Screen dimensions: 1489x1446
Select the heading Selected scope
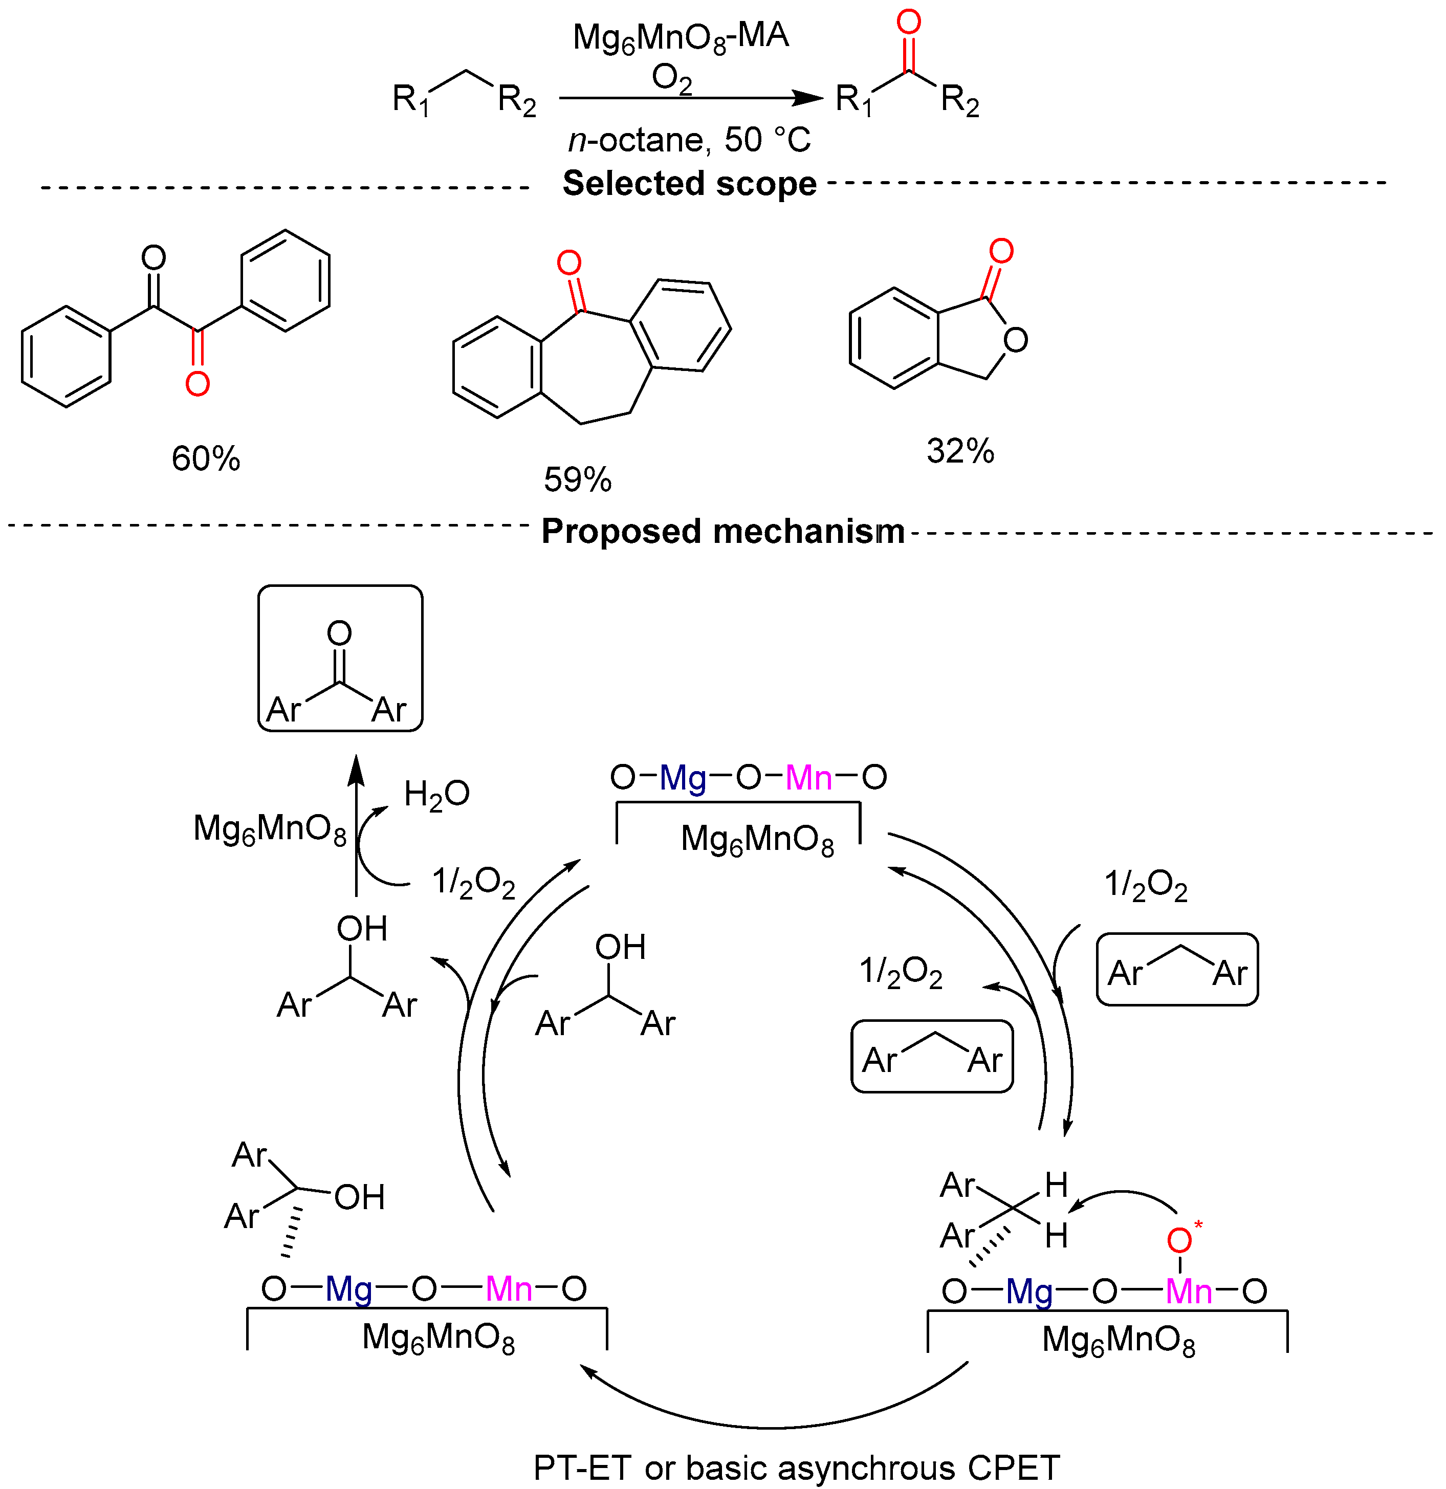[689, 184]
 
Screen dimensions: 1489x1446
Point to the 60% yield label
[205, 459]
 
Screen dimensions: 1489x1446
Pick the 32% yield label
[960, 451]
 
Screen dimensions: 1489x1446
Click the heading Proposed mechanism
[722, 531]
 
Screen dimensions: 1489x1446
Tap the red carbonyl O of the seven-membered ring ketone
[569, 264]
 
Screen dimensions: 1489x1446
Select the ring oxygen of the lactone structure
[1015, 340]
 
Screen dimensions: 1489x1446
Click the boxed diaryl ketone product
[340, 659]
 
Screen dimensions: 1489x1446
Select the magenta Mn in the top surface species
[808, 777]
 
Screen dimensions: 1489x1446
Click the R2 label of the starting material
[517, 100]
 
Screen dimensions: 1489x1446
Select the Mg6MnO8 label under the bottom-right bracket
[1119, 1340]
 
